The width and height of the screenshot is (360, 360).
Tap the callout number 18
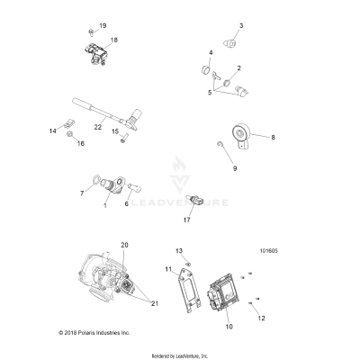coord(113,41)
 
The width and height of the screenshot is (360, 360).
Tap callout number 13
coord(178,249)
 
